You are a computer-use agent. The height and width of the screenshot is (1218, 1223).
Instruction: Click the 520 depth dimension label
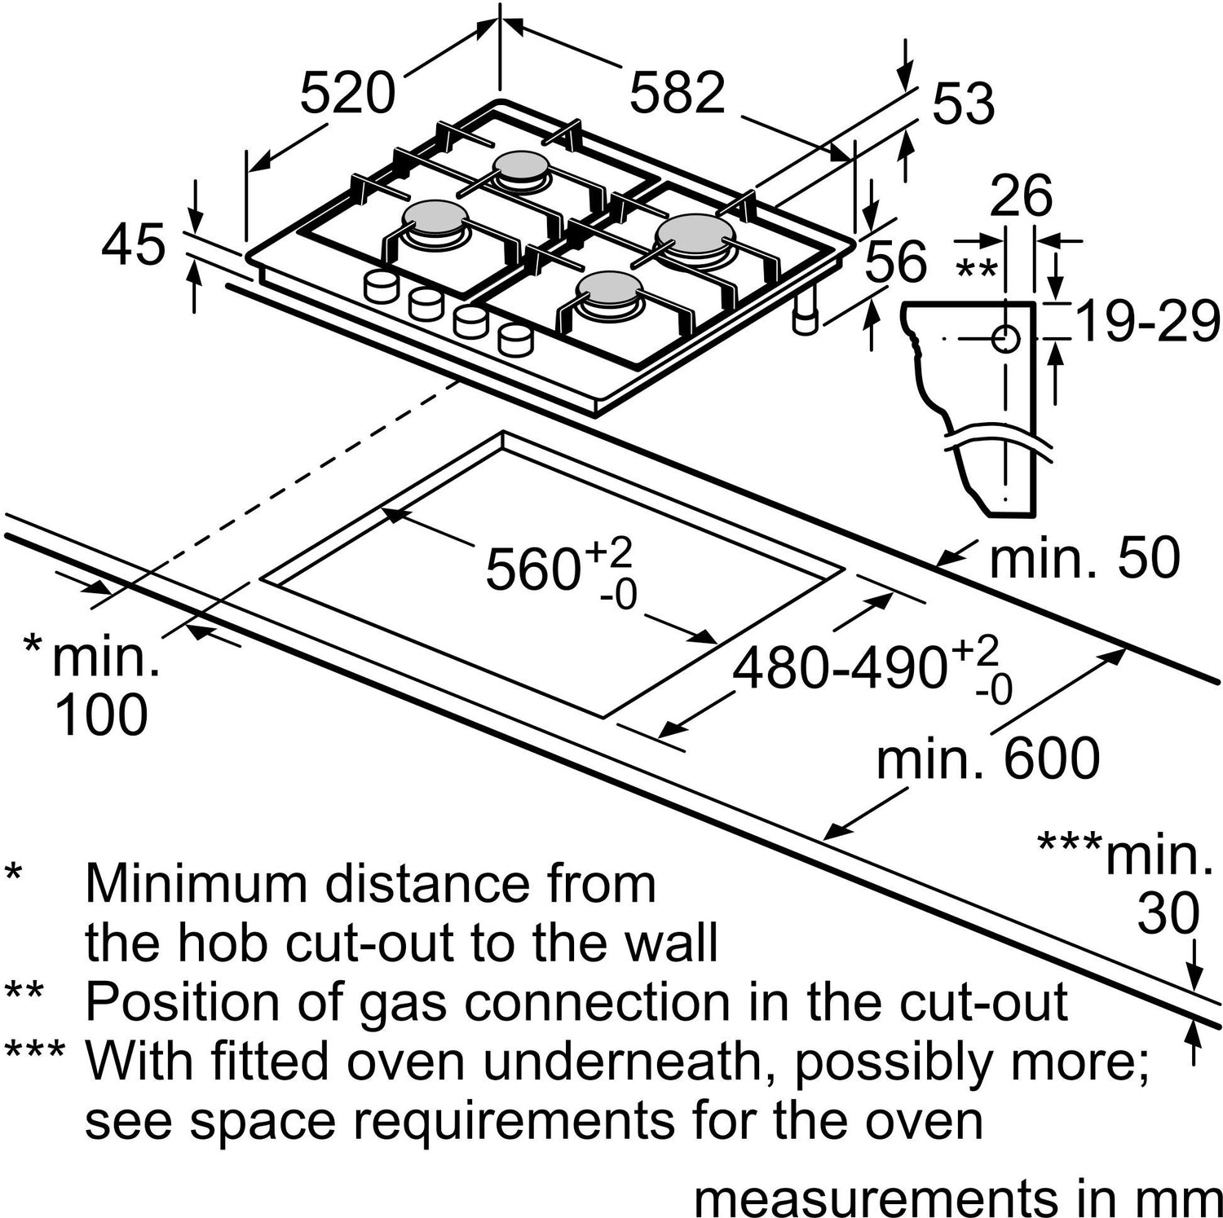tap(347, 93)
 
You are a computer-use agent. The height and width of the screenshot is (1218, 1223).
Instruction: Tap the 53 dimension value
tap(964, 104)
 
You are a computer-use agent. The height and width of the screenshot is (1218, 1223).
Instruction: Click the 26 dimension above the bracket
tap(1021, 196)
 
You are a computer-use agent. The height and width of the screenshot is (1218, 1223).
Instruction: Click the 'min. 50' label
tap(1084, 559)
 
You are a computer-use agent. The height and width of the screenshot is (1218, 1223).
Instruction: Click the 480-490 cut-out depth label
tap(840, 669)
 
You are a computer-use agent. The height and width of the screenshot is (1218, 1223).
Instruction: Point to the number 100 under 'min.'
tap(101, 715)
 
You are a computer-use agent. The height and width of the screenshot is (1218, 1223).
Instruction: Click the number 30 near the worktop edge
tap(1168, 914)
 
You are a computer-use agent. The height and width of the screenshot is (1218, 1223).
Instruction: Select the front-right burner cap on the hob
tap(607, 287)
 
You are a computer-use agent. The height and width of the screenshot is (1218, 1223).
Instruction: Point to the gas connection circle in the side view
tap(1006, 337)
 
